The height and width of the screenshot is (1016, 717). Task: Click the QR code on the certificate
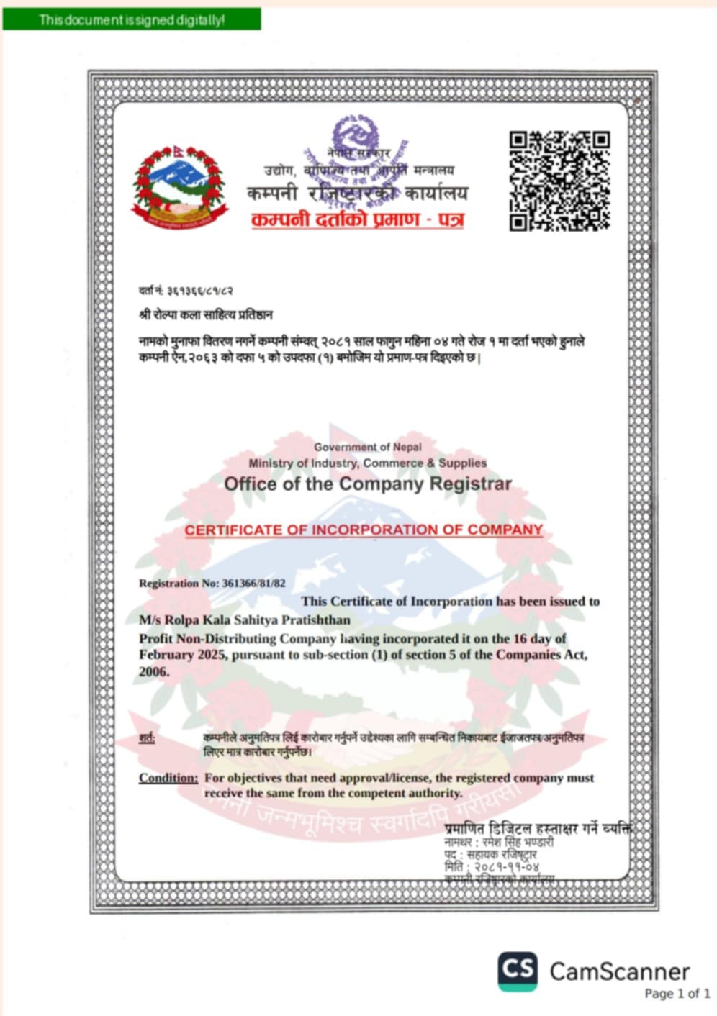click(559, 181)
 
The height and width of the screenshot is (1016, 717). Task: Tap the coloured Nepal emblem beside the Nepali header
click(179, 186)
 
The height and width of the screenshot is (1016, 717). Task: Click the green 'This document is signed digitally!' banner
click(132, 20)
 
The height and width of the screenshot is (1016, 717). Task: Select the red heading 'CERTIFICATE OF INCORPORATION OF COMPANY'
click(364, 530)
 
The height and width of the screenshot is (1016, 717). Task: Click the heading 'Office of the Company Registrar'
click(368, 484)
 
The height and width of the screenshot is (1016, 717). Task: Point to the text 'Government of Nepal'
click(368, 447)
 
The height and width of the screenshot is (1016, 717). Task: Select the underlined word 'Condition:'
click(168, 778)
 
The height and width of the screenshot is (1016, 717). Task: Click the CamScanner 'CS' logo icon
click(517, 971)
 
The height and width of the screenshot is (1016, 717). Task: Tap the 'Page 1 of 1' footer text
click(677, 994)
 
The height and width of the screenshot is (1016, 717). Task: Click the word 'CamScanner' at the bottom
click(620, 971)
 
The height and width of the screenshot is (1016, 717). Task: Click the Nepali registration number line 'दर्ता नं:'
click(186, 291)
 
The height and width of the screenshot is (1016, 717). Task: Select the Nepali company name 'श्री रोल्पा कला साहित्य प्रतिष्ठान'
click(206, 315)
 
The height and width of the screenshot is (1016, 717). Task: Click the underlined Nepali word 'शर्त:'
click(147, 738)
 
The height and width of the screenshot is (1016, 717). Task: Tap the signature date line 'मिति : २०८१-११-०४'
click(492, 867)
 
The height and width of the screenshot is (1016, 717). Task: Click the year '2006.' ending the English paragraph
click(154, 672)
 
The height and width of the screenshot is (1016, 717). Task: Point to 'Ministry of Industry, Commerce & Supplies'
click(368, 463)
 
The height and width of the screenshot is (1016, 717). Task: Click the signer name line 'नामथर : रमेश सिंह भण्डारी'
click(499, 842)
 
